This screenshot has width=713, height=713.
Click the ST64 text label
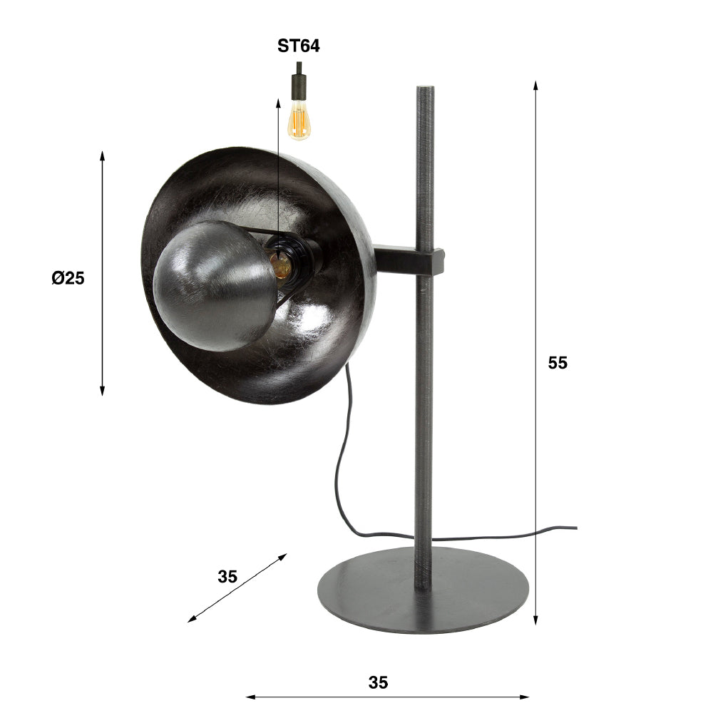coord(298,47)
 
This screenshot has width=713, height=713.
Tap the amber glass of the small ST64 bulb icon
coord(299,119)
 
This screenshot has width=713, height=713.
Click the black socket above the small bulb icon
coord(299,86)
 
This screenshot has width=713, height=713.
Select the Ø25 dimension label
coord(68,279)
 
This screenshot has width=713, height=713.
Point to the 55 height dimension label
coord(558,363)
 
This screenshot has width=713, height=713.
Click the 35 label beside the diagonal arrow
coord(227,577)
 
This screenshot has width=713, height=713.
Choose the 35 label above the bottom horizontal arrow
coord(379,682)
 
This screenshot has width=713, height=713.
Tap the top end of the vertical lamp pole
coord(424,91)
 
